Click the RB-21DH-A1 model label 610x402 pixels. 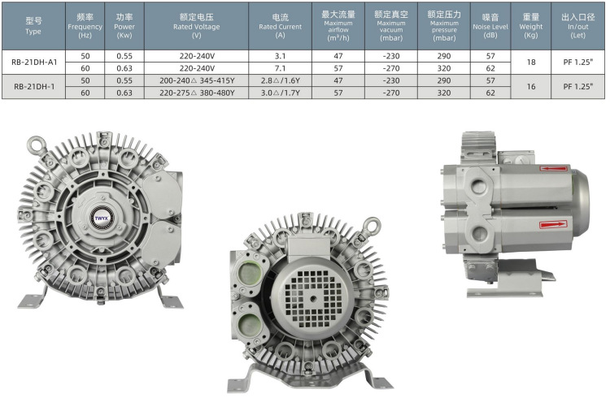[x=34, y=63]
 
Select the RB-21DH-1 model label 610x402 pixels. [x=34, y=87]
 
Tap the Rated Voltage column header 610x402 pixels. [x=197, y=26]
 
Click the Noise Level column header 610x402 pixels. [x=490, y=26]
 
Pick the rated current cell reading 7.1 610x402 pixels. [x=280, y=68]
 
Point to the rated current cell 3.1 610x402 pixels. [x=280, y=56]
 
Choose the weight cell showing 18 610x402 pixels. [x=531, y=63]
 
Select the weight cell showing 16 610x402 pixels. [x=531, y=87]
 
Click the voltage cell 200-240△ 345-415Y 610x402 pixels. [x=197, y=80]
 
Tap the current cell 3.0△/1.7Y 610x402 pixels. [x=280, y=93]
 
